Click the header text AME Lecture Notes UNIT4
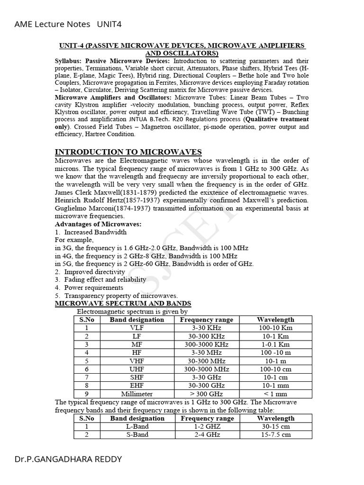point(64,24)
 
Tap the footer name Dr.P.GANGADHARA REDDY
point(68,459)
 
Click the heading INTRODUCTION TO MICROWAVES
point(128,152)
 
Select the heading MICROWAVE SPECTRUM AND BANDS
point(123,303)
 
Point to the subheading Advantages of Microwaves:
point(98,224)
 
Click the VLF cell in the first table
point(136,328)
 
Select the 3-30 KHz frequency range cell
point(206,328)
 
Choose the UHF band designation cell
point(136,369)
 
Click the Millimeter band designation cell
point(136,394)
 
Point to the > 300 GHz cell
point(206,394)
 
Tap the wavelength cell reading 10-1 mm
point(275,386)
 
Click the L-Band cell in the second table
point(137,426)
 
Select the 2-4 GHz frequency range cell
point(207,434)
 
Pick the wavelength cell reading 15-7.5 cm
point(275,434)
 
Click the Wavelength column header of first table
point(275,320)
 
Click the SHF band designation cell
point(136,377)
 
